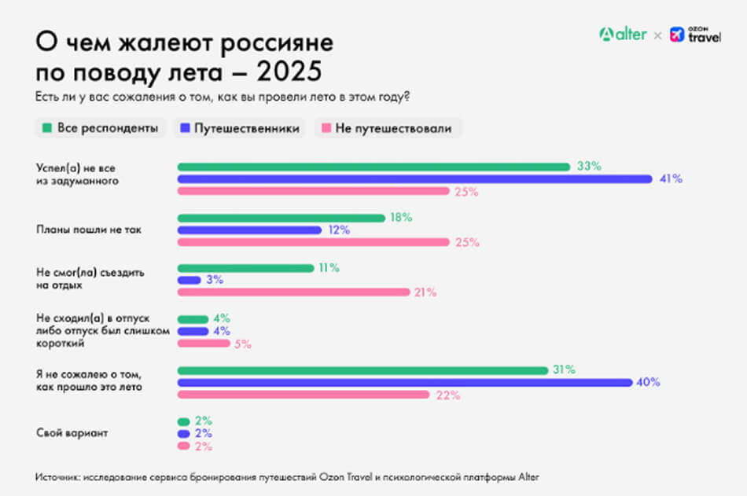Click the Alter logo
(x=623, y=35)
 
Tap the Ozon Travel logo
(x=695, y=35)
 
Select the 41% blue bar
(x=414, y=179)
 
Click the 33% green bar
(x=373, y=167)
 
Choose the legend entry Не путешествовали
(x=388, y=128)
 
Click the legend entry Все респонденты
(x=100, y=128)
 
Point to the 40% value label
(x=649, y=383)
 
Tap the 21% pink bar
(x=293, y=292)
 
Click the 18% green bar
(x=281, y=218)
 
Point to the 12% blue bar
(x=249, y=230)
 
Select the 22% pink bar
(x=304, y=395)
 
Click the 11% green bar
(x=245, y=268)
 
